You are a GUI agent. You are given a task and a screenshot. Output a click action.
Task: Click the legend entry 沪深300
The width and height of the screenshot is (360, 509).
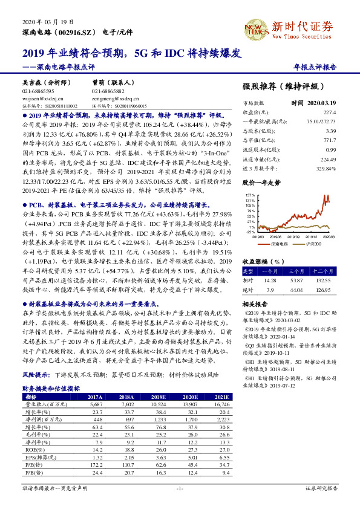(x=313, y=245)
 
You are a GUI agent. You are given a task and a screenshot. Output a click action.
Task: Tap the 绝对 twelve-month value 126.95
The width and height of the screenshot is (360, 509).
(x=326, y=290)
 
